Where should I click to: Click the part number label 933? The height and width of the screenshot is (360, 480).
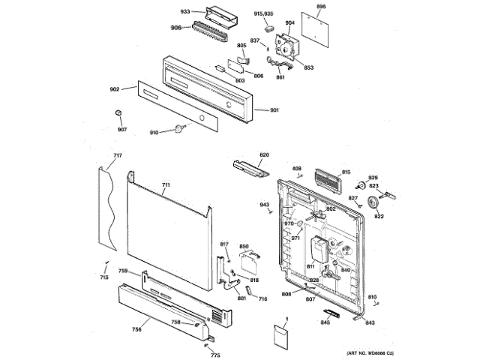pos(185,12)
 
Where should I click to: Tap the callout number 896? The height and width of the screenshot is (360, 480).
pos(321,6)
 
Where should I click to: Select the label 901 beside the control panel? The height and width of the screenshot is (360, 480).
pos(274,110)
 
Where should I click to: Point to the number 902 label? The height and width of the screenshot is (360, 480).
pos(115,89)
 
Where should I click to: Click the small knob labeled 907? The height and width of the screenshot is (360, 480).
pos(118,112)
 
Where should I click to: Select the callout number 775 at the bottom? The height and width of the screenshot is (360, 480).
pos(214,355)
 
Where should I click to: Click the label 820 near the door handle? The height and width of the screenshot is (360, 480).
pos(264,155)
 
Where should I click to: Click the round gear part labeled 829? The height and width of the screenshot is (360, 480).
pos(362,186)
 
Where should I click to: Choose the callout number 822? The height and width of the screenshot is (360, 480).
pos(379,217)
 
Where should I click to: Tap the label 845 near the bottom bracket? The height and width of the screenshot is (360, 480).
pos(325,323)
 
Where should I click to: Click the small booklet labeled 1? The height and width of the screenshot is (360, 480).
pos(280,338)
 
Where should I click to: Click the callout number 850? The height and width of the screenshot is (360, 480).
pos(244,247)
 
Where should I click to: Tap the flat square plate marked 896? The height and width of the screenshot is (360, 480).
pos(316,25)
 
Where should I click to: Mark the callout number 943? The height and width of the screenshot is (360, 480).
pos(264,205)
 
